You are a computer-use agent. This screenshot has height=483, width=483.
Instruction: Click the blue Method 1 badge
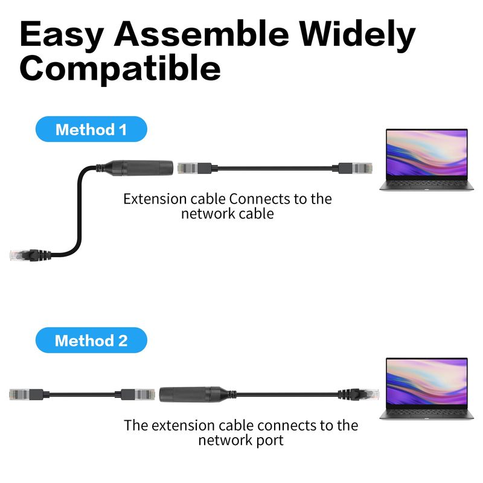tap(91, 129)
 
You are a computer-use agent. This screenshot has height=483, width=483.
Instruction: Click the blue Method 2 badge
tap(91, 340)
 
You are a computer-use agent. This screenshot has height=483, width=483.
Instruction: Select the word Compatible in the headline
tap(120, 68)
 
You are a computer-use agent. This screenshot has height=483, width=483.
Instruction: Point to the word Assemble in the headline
tap(202, 34)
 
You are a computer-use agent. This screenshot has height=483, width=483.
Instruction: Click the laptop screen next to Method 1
tap(427, 153)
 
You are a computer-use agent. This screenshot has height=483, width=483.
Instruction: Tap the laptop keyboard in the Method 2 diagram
tap(427, 412)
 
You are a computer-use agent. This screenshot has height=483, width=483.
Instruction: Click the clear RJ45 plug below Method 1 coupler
tap(24, 255)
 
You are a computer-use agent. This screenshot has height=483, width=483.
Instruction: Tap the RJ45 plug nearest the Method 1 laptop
tap(356, 168)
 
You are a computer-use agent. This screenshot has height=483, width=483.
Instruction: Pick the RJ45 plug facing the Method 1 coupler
tap(194, 168)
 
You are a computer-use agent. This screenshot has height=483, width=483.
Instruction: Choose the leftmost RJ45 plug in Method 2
tap(26, 395)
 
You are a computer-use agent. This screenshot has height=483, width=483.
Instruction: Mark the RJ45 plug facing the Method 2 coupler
tap(138, 395)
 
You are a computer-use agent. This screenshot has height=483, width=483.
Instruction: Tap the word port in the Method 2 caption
tap(270, 441)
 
